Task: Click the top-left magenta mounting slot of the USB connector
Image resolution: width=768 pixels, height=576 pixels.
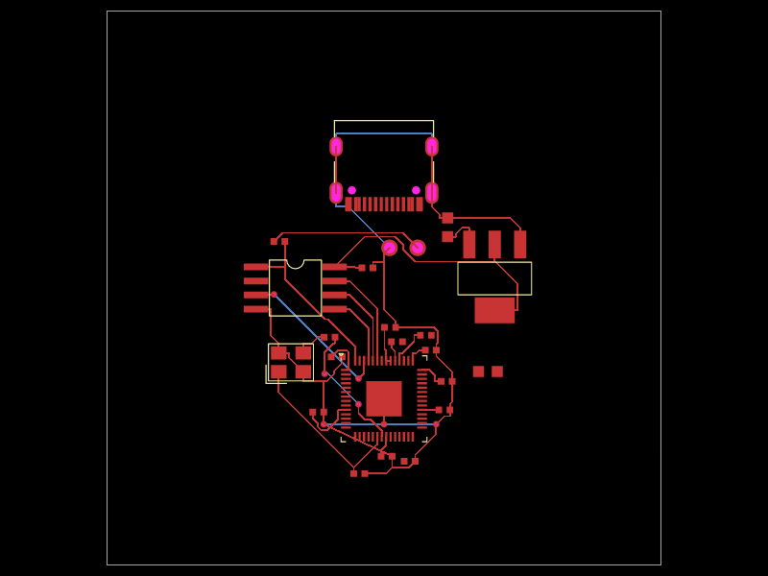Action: (336, 146)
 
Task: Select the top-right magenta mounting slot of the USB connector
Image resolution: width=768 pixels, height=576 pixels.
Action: (432, 146)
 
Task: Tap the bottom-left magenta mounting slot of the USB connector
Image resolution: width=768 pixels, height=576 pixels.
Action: (336, 192)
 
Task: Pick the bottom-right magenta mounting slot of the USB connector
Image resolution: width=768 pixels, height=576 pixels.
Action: (432, 192)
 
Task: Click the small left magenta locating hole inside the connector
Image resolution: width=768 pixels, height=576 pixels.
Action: (351, 190)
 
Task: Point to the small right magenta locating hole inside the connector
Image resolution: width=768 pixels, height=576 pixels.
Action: (416, 190)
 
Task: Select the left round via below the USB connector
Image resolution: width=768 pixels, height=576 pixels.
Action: (389, 248)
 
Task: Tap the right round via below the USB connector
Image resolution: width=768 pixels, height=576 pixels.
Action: (418, 248)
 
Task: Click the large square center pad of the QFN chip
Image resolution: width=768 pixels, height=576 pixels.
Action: (384, 398)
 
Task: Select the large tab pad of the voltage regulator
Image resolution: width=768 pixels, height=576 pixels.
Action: (494, 310)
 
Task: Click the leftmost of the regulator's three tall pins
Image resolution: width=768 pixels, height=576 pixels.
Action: (469, 244)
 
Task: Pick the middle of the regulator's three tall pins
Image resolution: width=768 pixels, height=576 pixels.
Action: (494, 244)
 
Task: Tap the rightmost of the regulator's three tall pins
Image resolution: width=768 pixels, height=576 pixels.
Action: (519, 244)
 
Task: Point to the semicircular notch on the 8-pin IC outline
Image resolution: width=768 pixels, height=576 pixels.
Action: (296, 263)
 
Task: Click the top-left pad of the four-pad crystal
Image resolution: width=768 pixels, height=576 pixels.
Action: (278, 352)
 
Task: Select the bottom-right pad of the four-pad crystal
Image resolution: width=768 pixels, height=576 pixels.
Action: (303, 372)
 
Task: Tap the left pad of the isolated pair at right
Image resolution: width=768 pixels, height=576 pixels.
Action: (478, 372)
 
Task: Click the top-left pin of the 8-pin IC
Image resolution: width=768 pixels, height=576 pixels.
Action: (256, 267)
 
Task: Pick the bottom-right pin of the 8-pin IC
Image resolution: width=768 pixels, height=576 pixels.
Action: (334, 309)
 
